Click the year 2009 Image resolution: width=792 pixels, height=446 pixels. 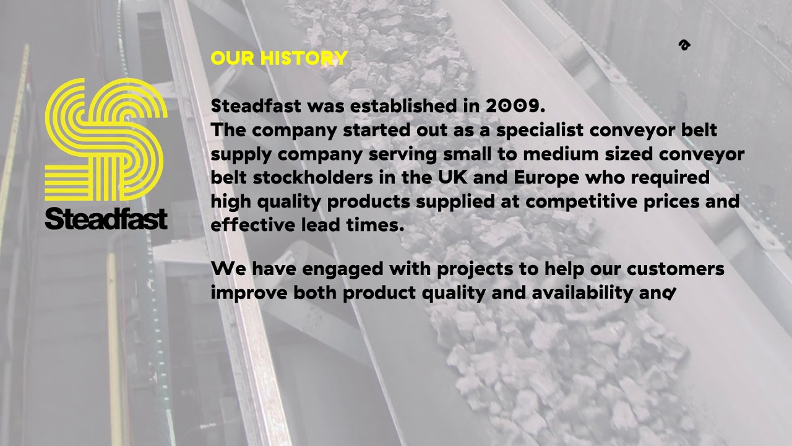point(512,106)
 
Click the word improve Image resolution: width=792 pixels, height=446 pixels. point(249,294)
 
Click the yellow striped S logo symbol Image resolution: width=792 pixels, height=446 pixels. point(106,139)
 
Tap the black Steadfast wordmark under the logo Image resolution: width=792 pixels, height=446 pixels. point(106,218)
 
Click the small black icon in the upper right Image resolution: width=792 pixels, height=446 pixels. point(684,45)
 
